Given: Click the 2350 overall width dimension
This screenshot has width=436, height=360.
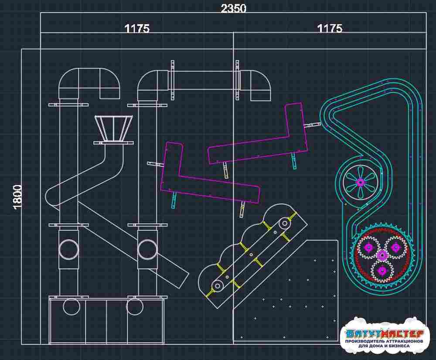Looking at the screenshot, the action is [234, 8].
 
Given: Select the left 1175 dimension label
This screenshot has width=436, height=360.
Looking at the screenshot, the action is [137, 29].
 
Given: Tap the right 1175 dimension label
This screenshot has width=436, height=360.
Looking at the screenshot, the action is [330, 28].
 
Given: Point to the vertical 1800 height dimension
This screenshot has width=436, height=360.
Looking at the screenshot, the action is [17, 197].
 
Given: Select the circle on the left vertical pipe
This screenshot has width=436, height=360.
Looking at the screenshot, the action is [69, 250].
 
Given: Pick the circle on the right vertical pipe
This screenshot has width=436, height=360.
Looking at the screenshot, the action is [148, 250].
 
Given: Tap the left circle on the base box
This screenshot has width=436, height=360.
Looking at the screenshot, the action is [72, 307].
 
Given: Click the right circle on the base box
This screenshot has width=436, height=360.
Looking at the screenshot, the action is [135, 307].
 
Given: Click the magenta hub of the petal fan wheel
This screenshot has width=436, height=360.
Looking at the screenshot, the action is [361, 183].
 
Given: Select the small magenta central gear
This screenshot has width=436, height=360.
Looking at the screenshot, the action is [382, 255].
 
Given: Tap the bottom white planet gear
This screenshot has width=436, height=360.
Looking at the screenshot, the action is [383, 270].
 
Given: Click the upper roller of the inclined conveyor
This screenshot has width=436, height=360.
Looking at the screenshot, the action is [284, 223].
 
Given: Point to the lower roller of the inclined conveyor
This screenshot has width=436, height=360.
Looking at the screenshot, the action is [217, 285].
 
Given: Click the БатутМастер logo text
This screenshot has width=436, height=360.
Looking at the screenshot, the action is [385, 333].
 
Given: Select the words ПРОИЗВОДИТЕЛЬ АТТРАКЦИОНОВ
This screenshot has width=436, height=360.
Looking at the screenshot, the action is [384, 341].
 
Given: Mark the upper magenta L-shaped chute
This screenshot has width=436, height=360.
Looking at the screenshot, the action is [258, 133].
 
